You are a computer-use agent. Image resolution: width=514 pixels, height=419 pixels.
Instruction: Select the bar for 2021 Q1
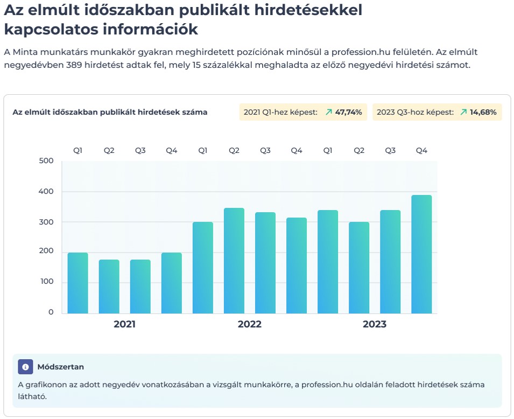78,283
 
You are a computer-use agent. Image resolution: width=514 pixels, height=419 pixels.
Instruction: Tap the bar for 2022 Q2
234,261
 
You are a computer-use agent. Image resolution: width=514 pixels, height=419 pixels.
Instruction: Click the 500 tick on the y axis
46,161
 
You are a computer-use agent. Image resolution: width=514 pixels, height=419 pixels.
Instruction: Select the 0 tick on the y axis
51,312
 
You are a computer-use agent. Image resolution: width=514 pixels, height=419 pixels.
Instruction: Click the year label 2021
124,324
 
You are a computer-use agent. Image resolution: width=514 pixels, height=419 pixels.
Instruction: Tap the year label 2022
250,324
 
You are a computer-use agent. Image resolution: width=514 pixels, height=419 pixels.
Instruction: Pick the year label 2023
375,324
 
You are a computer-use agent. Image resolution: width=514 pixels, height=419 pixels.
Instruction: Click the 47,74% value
348,112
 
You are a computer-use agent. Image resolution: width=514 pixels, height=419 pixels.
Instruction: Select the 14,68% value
483,112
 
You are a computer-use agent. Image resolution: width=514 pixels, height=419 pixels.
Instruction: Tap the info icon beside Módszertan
25,367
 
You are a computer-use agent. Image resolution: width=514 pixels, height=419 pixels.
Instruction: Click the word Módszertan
60,367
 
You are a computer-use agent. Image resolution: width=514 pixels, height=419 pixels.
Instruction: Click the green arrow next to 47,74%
329,112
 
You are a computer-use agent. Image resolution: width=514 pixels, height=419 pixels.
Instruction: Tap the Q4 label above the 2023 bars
421,151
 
